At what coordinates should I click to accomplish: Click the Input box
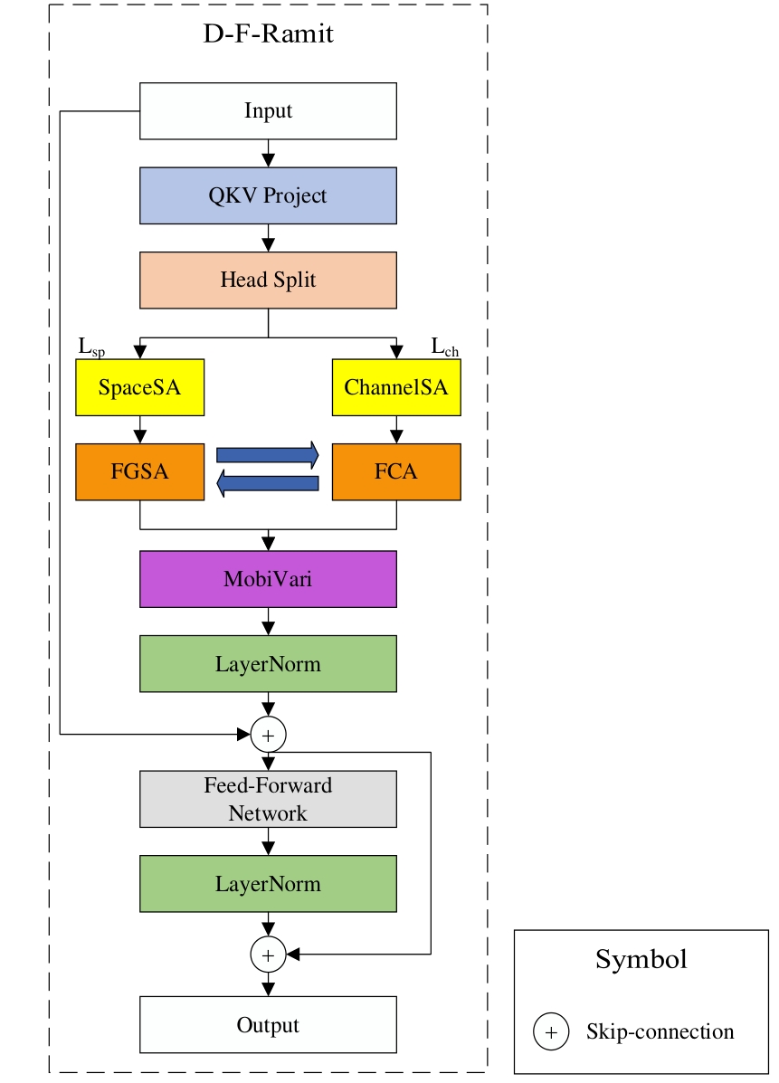pos(268,111)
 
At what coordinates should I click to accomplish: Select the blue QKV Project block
pos(268,195)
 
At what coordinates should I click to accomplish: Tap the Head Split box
pos(268,280)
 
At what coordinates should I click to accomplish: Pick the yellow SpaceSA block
pos(139,388)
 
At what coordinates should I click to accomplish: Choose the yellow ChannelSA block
pos(396,388)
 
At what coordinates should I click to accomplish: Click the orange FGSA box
pos(139,471)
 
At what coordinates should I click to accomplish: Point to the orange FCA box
pos(396,471)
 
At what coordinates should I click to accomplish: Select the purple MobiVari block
pos(268,579)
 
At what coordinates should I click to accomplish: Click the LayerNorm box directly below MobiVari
pos(268,664)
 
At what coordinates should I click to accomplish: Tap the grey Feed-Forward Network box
pos(268,799)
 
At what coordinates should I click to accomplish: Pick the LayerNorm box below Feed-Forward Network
pos(268,883)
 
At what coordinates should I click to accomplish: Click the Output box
pos(268,1025)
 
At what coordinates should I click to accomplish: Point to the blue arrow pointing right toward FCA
pos(268,455)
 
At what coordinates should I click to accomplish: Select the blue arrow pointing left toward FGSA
pos(268,484)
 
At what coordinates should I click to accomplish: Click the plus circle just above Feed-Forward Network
pos(268,735)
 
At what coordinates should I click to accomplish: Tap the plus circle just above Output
pos(268,953)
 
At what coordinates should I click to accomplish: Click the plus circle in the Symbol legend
pos(550,1031)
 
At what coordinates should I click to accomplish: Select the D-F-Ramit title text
pos(268,35)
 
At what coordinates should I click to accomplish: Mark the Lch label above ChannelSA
pos(443,347)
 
